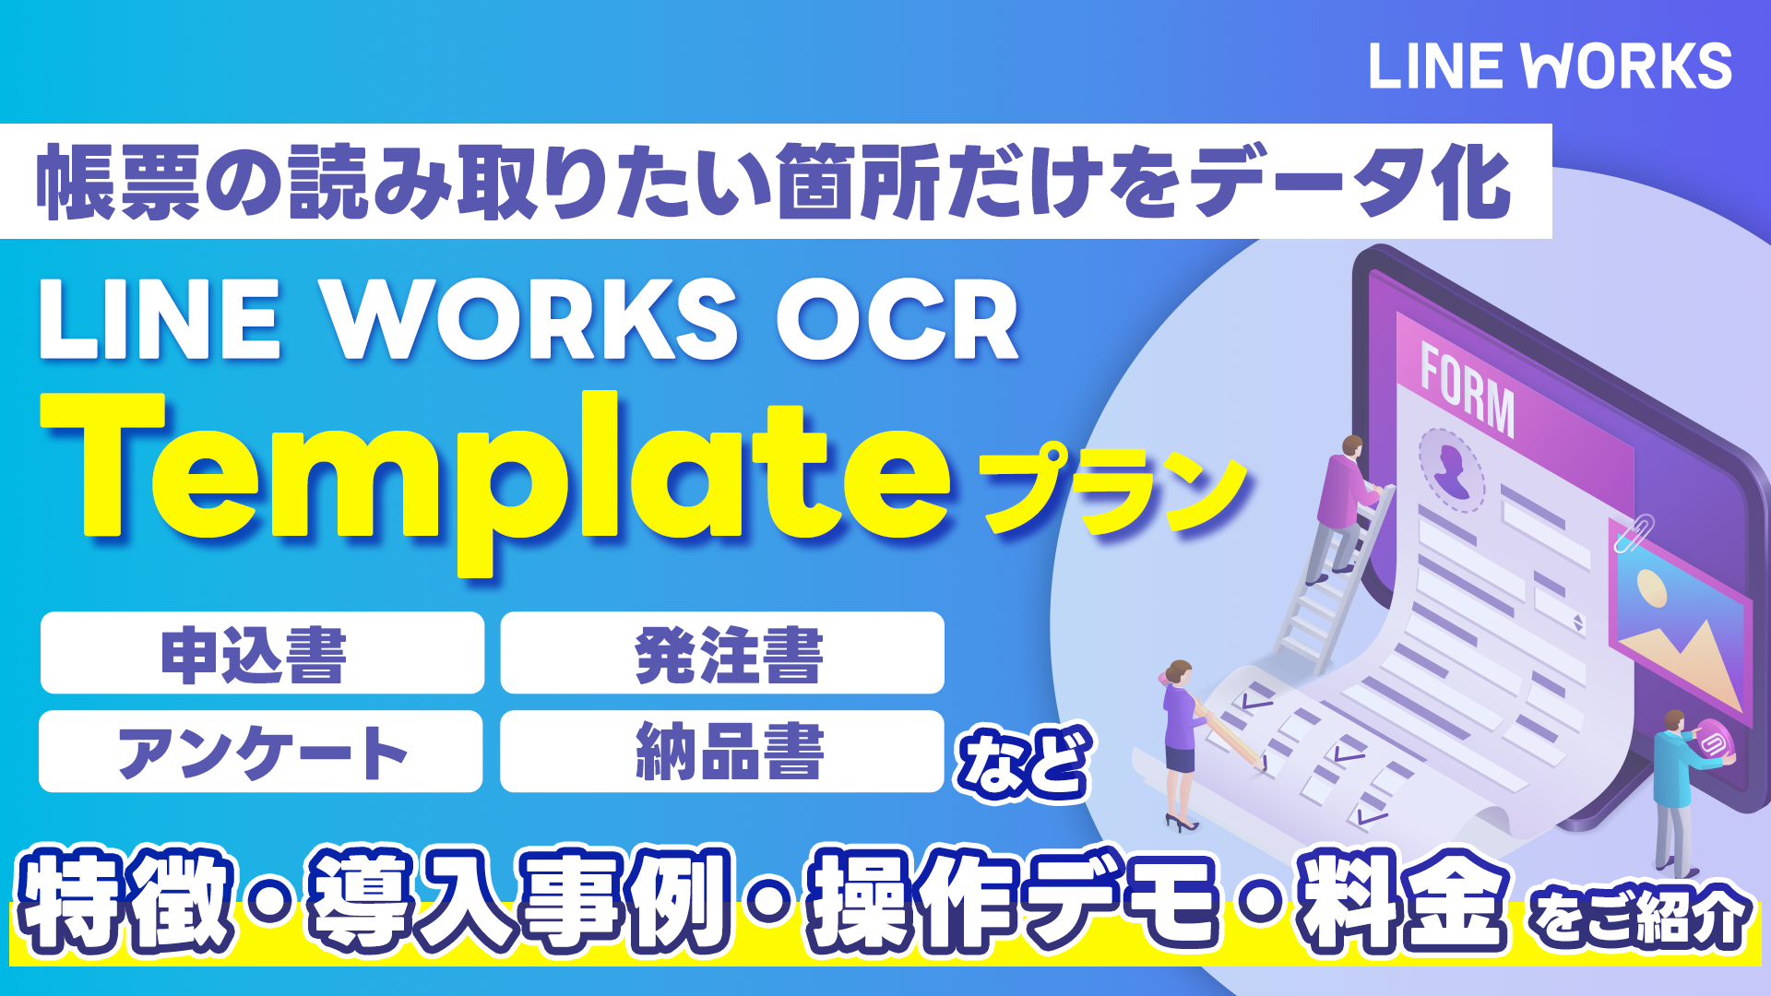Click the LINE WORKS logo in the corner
[x=1551, y=65]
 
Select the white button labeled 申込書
[x=262, y=653]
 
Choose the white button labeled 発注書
[x=722, y=653]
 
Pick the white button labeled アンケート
[x=261, y=752]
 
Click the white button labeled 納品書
[x=722, y=752]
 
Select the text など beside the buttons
[x=1025, y=763]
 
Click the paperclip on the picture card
[x=1634, y=534]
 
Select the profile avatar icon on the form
[x=1451, y=469]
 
